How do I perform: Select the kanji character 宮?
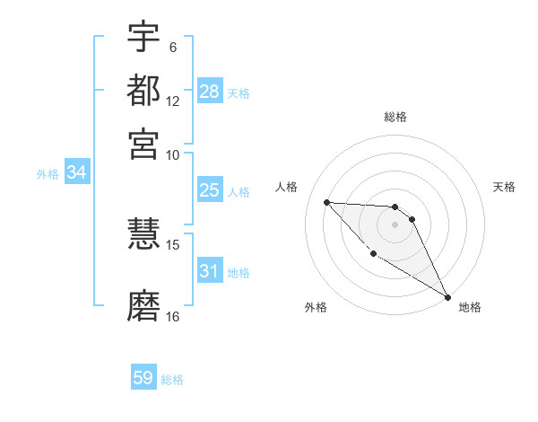click(x=143, y=143)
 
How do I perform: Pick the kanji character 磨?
click(x=143, y=305)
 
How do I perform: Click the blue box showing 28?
click(x=210, y=91)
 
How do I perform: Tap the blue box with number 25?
click(x=210, y=190)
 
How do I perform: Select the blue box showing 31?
click(x=210, y=270)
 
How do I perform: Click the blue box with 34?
click(x=76, y=172)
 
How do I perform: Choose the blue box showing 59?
click(x=143, y=378)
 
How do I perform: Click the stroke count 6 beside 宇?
click(x=172, y=47)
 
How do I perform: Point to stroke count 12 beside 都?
click(x=173, y=101)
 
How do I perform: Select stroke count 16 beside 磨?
click(x=173, y=316)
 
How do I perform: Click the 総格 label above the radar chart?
click(x=395, y=117)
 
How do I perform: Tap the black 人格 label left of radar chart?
click(x=287, y=187)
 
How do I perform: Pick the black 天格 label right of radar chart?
click(x=504, y=187)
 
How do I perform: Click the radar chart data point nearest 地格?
click(x=447, y=297)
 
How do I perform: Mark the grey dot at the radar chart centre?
click(x=395, y=224)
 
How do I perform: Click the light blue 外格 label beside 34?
click(x=48, y=174)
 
